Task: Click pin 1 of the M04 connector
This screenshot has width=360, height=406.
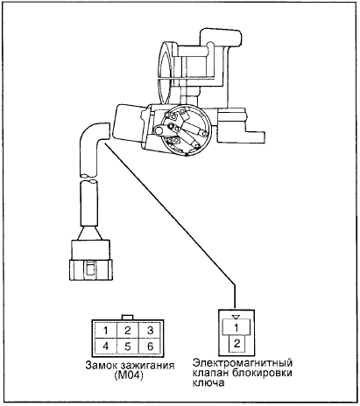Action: (x=105, y=331)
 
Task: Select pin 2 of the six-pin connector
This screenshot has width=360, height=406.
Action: (x=128, y=331)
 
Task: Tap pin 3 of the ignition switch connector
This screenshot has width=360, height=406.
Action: (x=150, y=331)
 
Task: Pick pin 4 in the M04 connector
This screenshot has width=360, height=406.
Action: (x=105, y=346)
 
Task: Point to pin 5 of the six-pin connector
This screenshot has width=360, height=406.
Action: (x=128, y=346)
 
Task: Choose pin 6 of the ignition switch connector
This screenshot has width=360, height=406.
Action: (x=150, y=346)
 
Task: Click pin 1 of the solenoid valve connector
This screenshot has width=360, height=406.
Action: (x=236, y=327)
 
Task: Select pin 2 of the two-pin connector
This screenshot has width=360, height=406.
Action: (x=236, y=343)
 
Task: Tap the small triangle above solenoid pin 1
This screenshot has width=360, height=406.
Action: (x=236, y=317)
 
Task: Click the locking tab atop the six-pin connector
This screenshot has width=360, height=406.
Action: (x=128, y=318)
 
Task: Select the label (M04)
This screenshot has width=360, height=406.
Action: (x=130, y=375)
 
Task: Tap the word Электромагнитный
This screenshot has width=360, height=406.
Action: (x=243, y=363)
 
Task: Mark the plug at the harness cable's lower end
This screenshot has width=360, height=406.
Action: (x=91, y=260)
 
